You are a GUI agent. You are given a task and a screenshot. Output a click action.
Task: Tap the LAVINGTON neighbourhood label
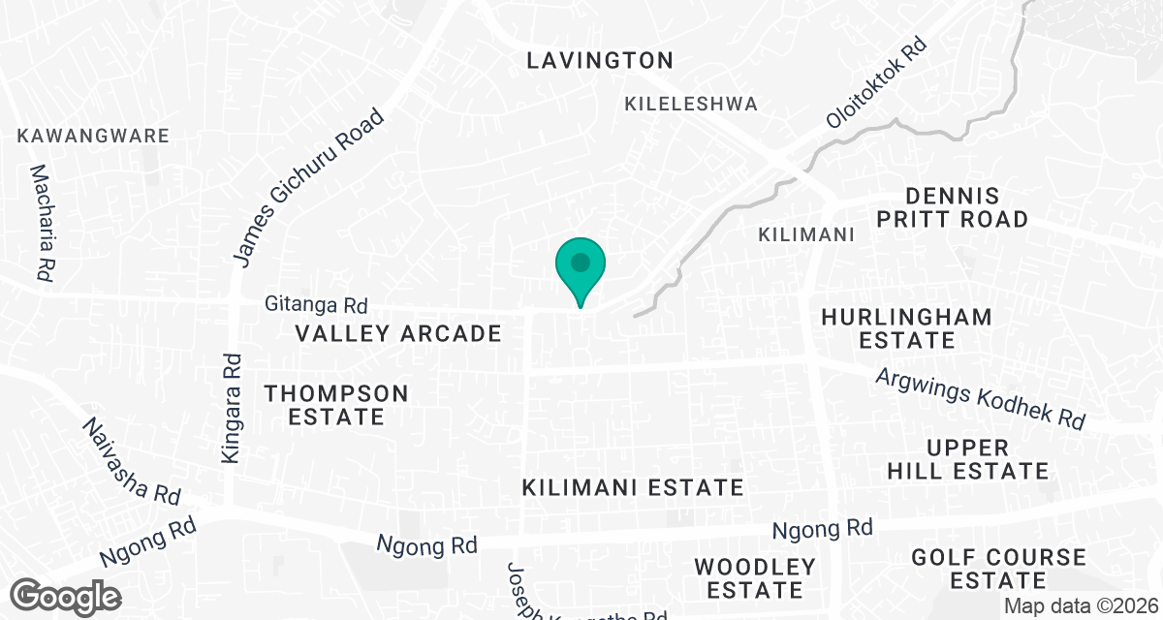[x=599, y=60]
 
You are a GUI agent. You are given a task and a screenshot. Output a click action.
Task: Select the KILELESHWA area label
[x=691, y=104]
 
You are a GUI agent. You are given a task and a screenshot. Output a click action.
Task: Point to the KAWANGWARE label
[x=93, y=136]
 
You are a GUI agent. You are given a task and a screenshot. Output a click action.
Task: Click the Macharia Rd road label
[x=42, y=223]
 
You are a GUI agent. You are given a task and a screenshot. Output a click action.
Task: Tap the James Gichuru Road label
[x=310, y=186]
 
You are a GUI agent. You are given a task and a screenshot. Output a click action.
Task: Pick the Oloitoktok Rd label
[x=876, y=84]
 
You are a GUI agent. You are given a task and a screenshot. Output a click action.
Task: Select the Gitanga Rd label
[x=316, y=305]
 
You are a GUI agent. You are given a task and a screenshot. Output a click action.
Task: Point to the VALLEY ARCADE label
[x=398, y=334]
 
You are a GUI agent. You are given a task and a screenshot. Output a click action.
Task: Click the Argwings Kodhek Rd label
[x=979, y=399]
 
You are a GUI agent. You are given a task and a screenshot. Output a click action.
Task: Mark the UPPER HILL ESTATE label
[x=981, y=460]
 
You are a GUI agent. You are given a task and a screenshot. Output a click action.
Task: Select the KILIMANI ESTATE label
[x=632, y=486]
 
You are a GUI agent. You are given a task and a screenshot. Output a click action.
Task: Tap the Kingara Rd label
[x=231, y=407]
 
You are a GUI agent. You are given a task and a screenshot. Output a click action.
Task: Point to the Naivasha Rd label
[x=132, y=461]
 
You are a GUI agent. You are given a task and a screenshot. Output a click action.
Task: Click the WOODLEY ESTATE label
[x=755, y=577]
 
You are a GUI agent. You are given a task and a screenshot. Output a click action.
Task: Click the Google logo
[x=66, y=596]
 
